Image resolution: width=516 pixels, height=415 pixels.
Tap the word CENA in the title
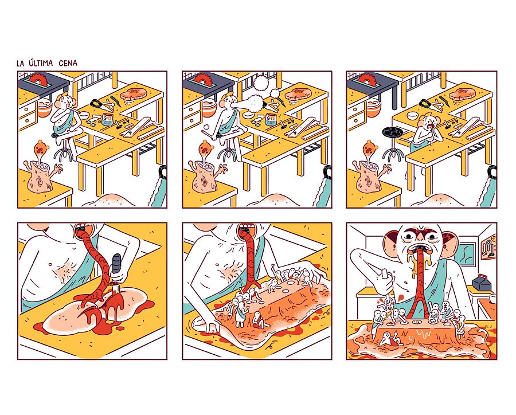tap(68, 63)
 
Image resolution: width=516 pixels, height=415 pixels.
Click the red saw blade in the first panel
tap(37, 79)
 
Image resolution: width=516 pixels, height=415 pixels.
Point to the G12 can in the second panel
tap(271, 119)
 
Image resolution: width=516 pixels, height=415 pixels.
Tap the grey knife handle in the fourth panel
tap(116, 265)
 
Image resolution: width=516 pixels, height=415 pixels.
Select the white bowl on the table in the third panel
tap(413, 116)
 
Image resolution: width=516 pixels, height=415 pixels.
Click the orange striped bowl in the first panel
tap(45, 109)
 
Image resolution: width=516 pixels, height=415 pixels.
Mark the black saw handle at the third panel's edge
tap(492, 172)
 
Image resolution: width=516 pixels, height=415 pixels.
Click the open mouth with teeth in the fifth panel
tap(245, 228)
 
